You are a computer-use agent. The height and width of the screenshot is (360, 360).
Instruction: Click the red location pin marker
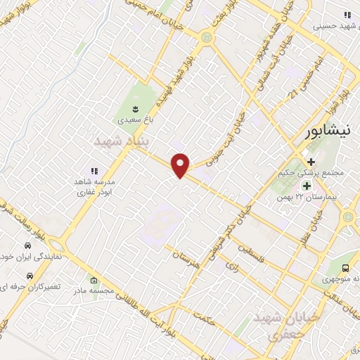[181, 165]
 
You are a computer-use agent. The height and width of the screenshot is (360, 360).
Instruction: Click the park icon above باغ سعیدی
[134, 108]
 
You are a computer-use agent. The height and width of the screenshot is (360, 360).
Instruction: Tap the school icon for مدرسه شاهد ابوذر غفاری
[94, 171]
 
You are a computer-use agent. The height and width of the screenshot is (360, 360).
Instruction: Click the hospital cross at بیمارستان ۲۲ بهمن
[307, 186]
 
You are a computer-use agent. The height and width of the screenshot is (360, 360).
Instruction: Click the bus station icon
[345, 268]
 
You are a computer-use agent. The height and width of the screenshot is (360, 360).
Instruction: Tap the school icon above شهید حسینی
[347, 15]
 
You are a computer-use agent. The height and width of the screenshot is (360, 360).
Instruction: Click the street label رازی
[229, 264]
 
